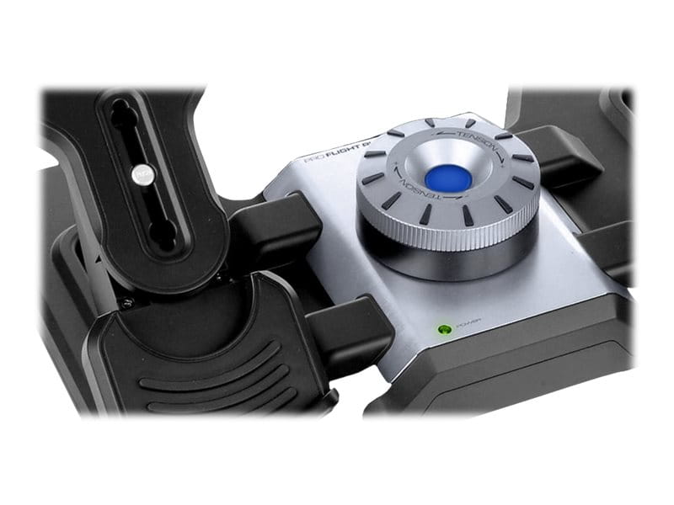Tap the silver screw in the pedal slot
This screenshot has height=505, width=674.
coord(140,173)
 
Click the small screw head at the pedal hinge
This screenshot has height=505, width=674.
coord(126,302)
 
